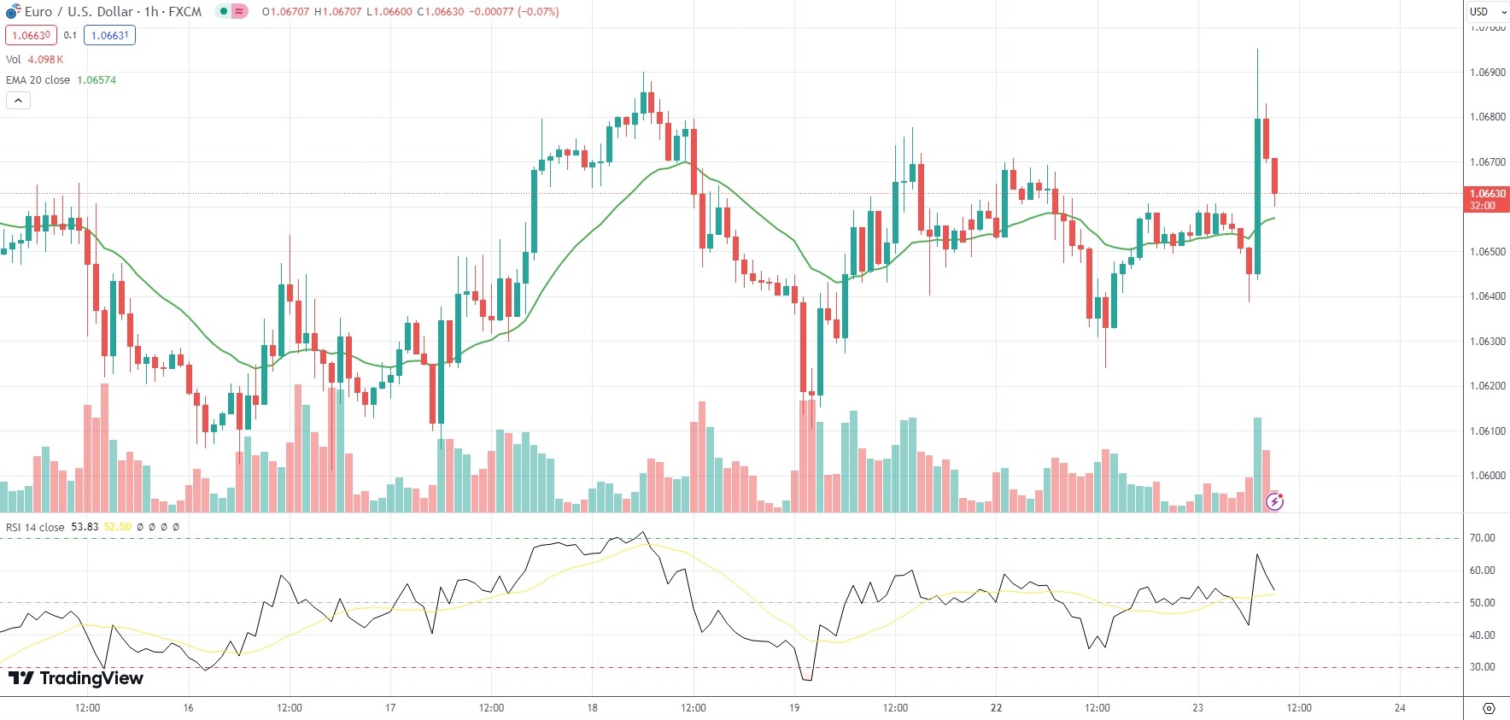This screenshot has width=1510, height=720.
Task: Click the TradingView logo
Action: click(75, 678)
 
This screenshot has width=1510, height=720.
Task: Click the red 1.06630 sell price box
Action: click(31, 35)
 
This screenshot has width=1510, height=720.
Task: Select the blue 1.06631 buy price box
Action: click(109, 35)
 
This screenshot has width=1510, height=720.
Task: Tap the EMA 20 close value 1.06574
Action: click(97, 79)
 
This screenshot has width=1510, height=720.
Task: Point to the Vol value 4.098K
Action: click(45, 59)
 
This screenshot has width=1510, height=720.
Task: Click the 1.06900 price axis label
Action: click(1487, 73)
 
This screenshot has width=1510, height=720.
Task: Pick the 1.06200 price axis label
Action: click(1487, 386)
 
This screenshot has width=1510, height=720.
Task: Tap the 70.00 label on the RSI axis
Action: click(1482, 538)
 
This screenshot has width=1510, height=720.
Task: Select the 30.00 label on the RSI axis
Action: click(1482, 667)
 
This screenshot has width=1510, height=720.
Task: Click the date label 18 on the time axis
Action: click(592, 707)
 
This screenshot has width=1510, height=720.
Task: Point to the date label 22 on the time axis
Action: click(996, 707)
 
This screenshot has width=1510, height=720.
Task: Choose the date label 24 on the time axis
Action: click(1400, 707)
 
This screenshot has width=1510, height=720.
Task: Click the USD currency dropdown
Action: click(1484, 11)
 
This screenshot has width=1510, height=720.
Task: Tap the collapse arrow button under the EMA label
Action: click(18, 100)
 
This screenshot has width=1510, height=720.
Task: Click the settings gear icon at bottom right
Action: click(1489, 708)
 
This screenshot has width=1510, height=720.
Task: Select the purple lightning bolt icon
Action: click(1274, 501)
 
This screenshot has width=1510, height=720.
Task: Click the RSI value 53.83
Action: click(85, 527)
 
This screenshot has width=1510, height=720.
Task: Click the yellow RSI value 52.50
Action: click(118, 527)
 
